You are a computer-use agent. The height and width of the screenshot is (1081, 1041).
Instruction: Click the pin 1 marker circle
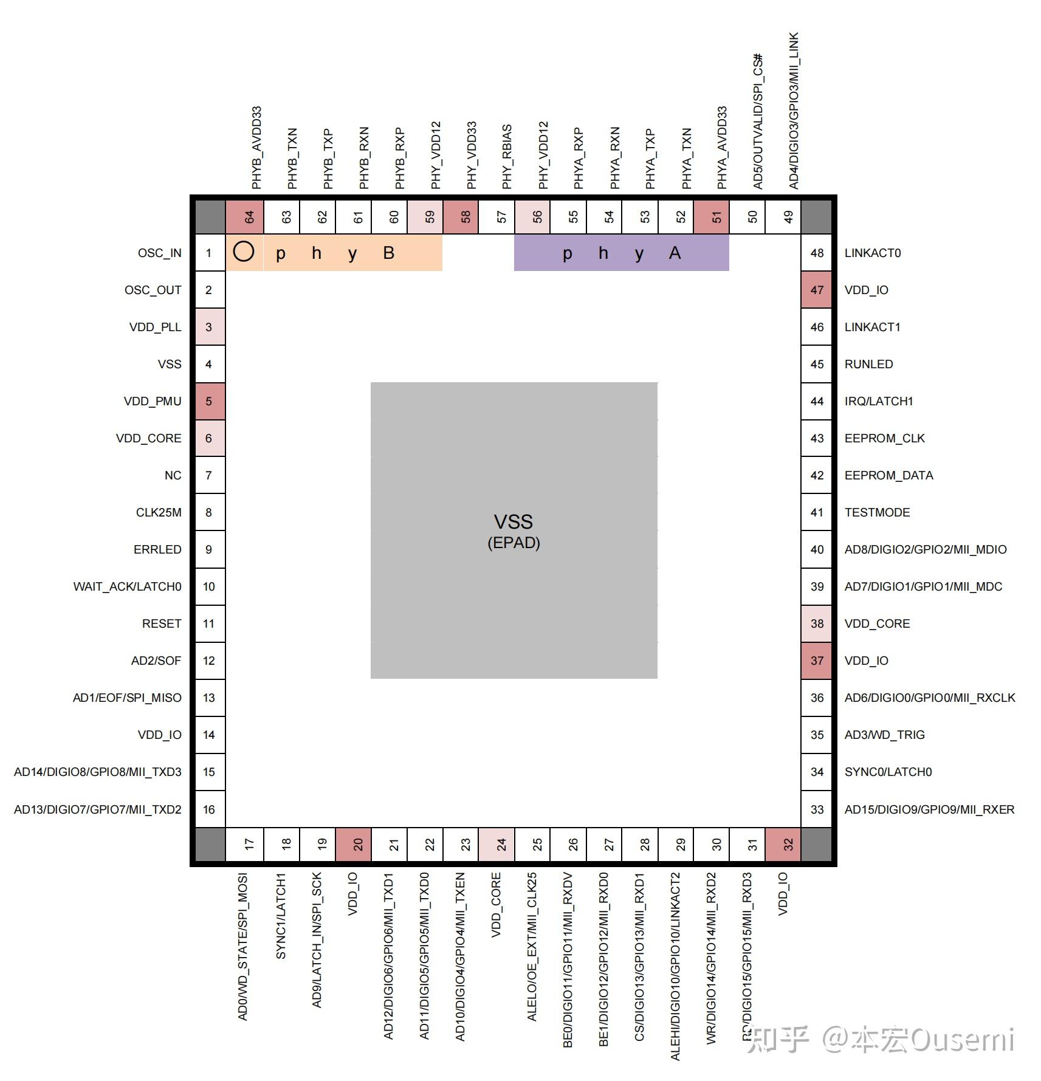244,252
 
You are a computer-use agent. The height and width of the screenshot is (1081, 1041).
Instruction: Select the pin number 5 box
209,401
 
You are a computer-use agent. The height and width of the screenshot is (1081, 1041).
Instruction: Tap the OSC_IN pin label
159,253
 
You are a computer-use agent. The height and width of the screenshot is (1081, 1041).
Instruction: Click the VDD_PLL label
155,327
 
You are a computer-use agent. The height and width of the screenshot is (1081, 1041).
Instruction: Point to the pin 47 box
817,290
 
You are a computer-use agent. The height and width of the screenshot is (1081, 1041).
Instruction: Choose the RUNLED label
868,364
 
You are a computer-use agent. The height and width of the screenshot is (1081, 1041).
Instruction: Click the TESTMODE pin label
877,512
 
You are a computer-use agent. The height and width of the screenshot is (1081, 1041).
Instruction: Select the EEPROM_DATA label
888,475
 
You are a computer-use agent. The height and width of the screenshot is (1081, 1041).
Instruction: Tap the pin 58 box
466,216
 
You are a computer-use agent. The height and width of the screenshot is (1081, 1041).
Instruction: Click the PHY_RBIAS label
507,157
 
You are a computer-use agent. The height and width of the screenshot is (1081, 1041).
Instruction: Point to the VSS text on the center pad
513,521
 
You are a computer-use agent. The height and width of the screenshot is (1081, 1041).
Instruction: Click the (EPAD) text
514,543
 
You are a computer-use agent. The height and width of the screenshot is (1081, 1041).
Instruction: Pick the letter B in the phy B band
388,253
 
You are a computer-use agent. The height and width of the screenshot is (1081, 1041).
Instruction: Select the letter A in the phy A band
675,253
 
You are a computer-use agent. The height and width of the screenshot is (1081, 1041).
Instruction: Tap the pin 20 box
358,844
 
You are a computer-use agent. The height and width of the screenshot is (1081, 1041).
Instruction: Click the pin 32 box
788,844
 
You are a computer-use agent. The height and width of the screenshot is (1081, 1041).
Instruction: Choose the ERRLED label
157,549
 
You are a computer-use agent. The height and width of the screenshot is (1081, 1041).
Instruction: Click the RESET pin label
162,623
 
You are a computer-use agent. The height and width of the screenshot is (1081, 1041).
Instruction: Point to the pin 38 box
817,623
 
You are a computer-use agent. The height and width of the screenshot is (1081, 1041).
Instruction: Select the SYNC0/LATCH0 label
888,772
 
